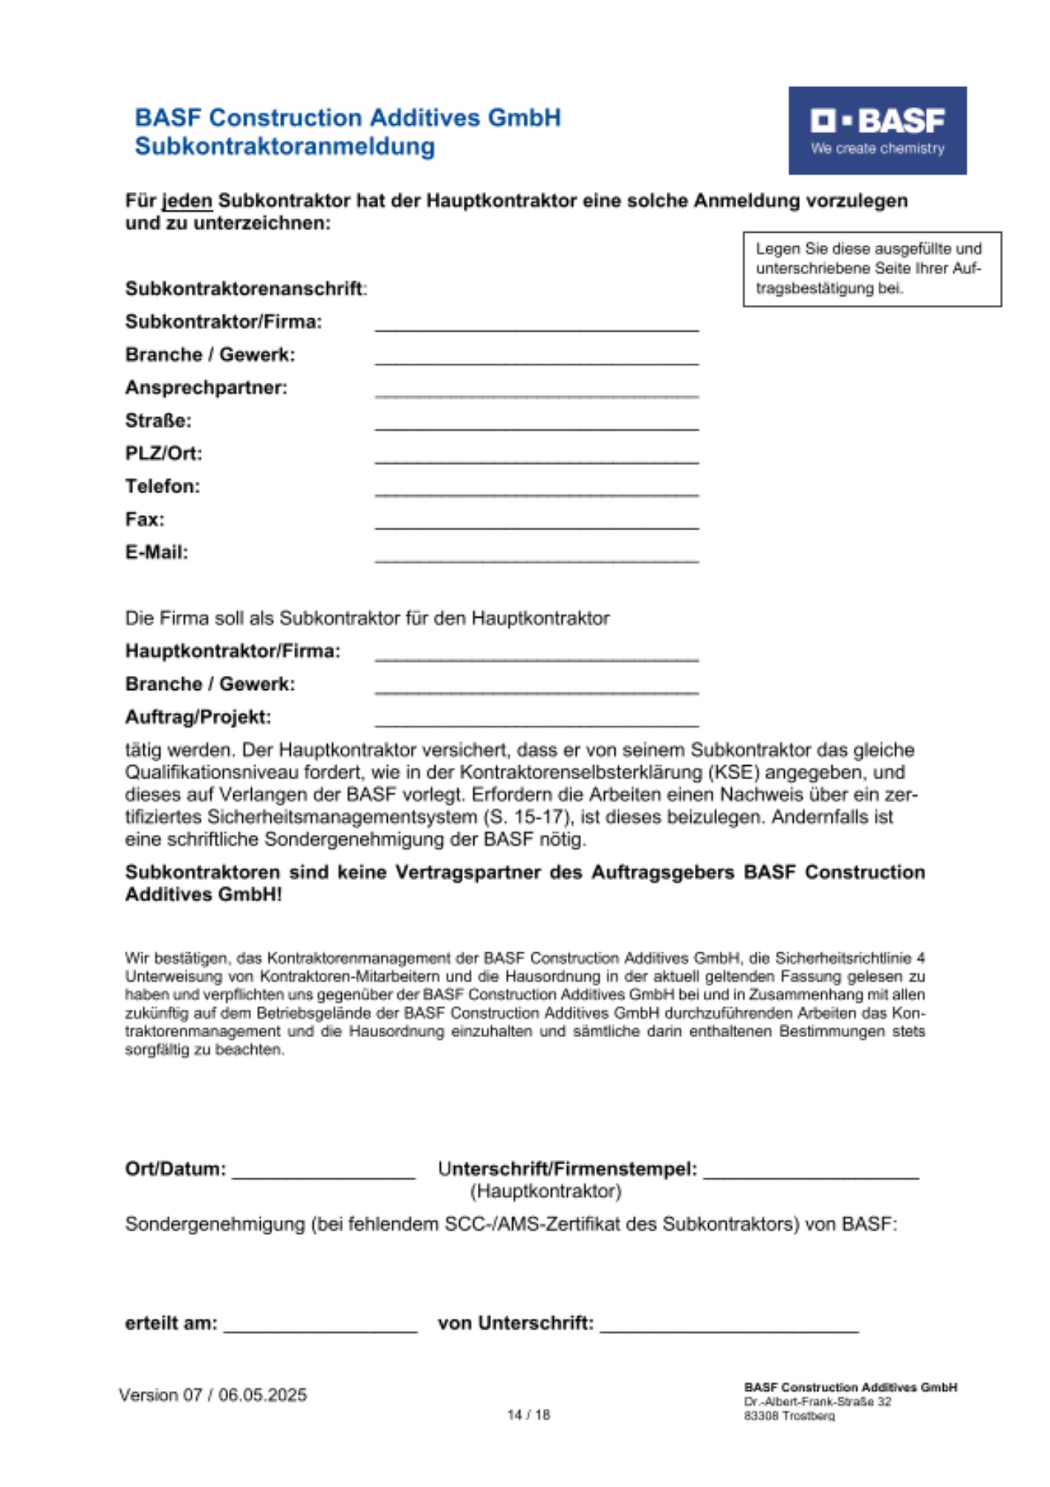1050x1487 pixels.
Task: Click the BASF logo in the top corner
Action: tap(877, 130)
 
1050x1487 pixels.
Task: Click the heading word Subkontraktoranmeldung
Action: tap(285, 146)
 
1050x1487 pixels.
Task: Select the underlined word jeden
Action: tap(187, 201)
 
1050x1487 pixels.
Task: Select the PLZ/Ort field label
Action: tap(163, 454)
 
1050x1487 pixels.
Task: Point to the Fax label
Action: tap(145, 519)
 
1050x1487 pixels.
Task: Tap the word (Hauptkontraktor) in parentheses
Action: tap(545, 1191)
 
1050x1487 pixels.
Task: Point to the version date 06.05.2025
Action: tap(262, 1395)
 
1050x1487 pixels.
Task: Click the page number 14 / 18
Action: tap(528, 1415)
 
